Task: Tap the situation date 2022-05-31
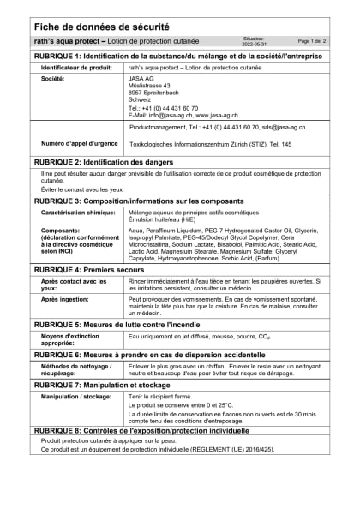pyautogui.click(x=255, y=43)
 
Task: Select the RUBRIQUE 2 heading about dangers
pyautogui.click(x=104, y=161)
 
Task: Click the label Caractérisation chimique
pyautogui.click(x=78, y=211)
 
